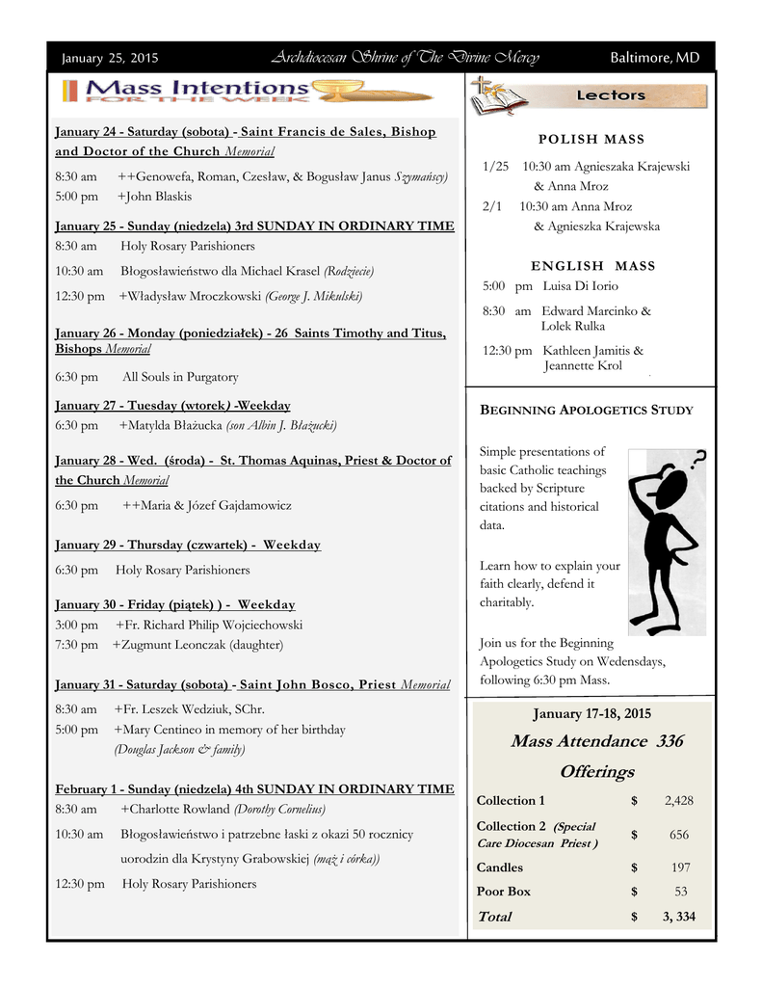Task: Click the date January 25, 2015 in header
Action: [111, 58]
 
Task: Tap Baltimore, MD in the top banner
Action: [655, 58]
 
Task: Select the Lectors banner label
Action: [611, 95]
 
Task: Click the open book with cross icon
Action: [497, 97]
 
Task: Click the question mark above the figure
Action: [698, 458]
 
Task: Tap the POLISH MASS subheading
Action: [591, 140]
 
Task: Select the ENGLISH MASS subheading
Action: [592, 265]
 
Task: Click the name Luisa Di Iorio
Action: [581, 286]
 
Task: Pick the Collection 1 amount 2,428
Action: [678, 801]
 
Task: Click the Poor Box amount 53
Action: [681, 892]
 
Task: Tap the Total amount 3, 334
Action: [679, 917]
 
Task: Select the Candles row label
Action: [500, 867]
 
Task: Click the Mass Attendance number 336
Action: [670, 741]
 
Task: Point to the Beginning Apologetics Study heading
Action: [587, 410]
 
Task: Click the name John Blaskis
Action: [158, 197]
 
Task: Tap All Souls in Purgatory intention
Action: [180, 377]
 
